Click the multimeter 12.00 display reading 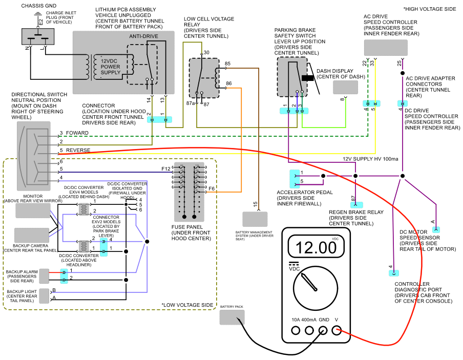click(x=313, y=247)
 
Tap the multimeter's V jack click(x=336, y=331)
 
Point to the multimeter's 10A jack click(x=296, y=331)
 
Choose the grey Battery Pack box click(x=232, y=317)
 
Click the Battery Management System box click(x=255, y=219)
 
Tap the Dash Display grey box click(x=345, y=87)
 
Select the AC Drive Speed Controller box click(x=386, y=48)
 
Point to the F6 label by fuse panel click(x=211, y=188)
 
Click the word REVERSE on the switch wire click(x=78, y=150)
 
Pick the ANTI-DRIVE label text click(x=143, y=36)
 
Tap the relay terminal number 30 click(x=206, y=53)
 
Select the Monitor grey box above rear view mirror click(x=33, y=210)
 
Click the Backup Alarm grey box click(x=44, y=276)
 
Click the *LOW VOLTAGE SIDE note click(x=187, y=305)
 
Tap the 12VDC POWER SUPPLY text click(x=111, y=67)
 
